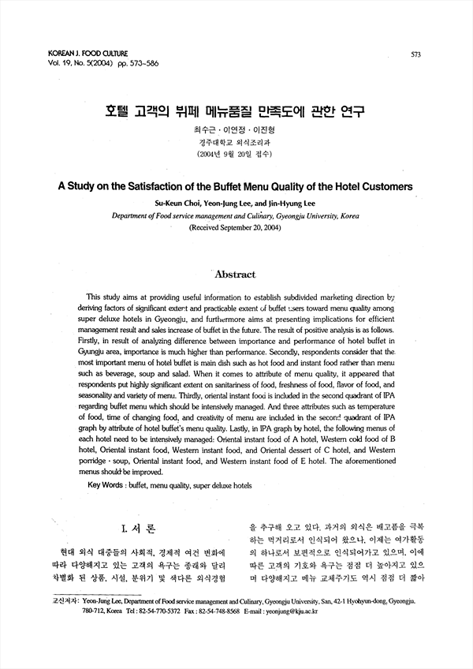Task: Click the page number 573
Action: pos(415,54)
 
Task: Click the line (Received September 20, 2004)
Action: pos(234,226)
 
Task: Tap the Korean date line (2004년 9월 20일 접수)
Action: pos(235,155)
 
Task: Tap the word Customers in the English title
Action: pos(382,188)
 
